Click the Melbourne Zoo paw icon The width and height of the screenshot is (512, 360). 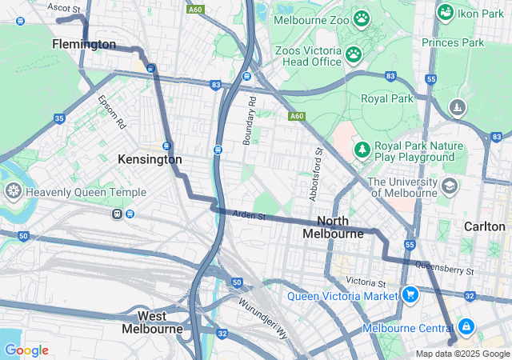[362, 18]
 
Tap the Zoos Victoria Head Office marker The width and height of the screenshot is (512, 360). [353, 54]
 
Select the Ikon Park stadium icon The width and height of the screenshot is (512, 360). [446, 13]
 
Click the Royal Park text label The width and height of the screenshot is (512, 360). [386, 99]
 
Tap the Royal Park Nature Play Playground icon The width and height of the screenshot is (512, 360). [362, 150]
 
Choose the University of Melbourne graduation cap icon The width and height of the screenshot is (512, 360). [450, 186]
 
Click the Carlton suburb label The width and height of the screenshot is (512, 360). [484, 226]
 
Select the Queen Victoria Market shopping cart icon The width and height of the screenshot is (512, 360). [410, 295]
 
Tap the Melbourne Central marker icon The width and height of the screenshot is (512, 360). [466, 327]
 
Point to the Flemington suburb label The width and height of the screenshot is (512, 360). [84, 45]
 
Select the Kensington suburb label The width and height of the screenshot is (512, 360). [150, 159]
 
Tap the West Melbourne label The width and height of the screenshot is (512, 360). [152, 322]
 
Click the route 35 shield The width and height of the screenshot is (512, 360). [59, 118]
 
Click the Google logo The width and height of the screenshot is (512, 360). [26, 350]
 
